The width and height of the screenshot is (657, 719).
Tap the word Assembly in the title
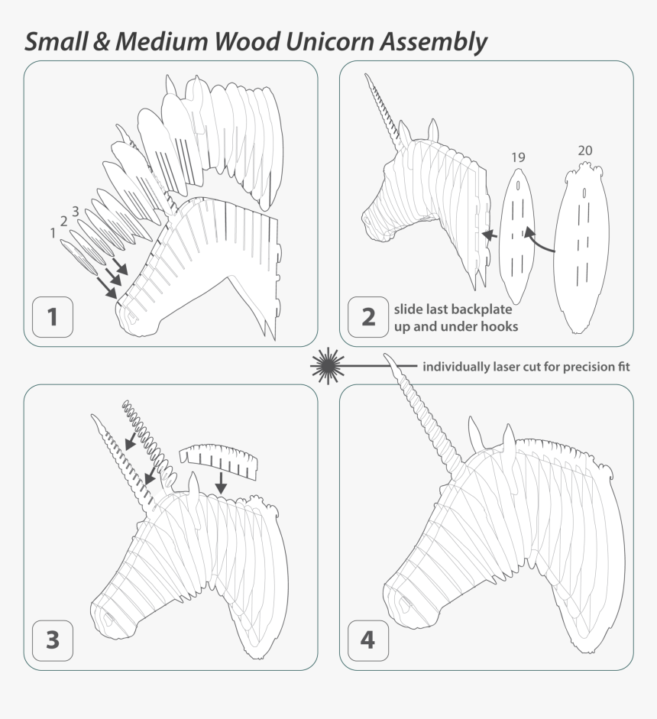click(x=432, y=42)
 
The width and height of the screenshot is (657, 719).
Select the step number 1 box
click(x=53, y=316)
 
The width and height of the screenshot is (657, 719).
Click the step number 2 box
click(x=368, y=316)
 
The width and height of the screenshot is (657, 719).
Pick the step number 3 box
click(x=53, y=639)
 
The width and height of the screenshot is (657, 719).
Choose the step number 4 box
click(x=368, y=639)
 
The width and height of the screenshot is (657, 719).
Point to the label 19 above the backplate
click(x=518, y=157)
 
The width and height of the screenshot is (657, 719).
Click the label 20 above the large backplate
click(x=584, y=151)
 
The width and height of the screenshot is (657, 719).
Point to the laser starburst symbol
click(x=327, y=366)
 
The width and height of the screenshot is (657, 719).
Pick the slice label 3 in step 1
click(x=75, y=211)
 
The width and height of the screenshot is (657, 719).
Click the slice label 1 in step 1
click(x=53, y=233)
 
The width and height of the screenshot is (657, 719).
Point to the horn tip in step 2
click(x=366, y=76)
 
